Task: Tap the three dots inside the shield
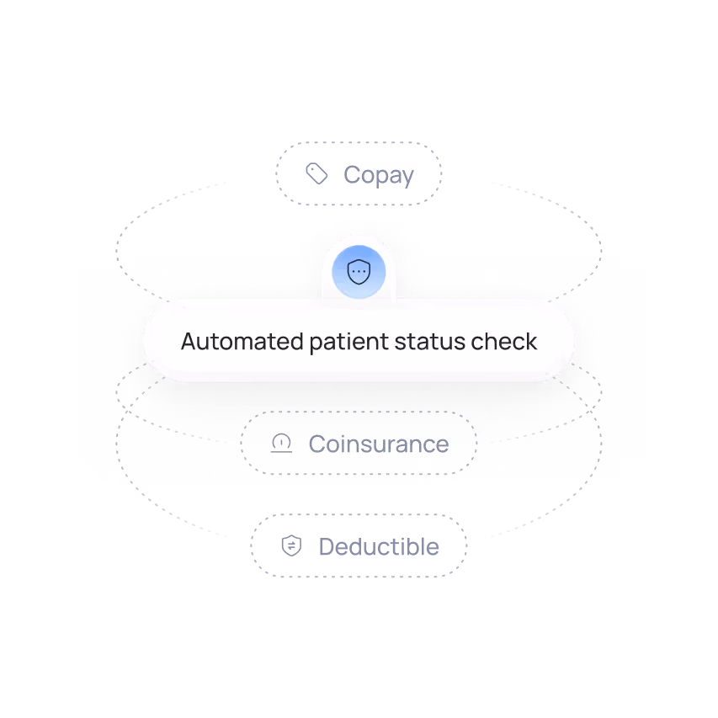(x=359, y=274)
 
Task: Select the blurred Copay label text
(x=380, y=176)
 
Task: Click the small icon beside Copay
(x=316, y=175)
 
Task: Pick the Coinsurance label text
(x=377, y=443)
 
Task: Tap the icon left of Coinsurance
(x=282, y=443)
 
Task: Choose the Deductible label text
(x=379, y=546)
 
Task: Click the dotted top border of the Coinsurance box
(x=358, y=412)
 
